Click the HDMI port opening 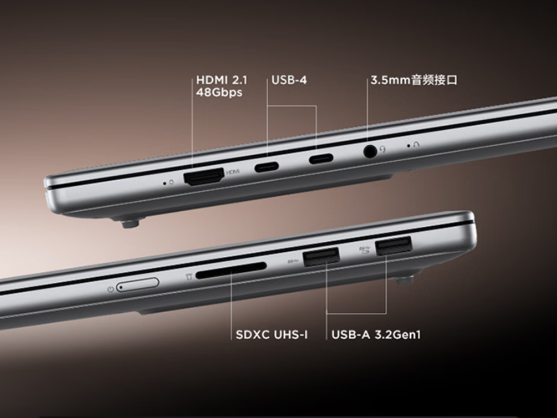[x=204, y=177]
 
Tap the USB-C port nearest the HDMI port [x=267, y=166]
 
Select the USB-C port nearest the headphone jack [x=321, y=158]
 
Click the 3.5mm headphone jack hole [x=370, y=152]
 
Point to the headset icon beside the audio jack [x=382, y=149]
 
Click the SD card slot [x=231, y=270]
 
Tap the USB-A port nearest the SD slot [x=321, y=257]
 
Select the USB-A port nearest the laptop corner [x=393, y=245]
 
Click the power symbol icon [x=111, y=289]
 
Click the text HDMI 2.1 [x=222, y=80]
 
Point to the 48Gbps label [x=219, y=92]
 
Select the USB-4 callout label [x=289, y=80]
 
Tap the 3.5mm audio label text [x=414, y=80]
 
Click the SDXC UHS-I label [x=272, y=335]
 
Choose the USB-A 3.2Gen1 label [x=376, y=335]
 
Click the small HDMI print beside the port [x=233, y=171]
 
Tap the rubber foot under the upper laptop [x=129, y=224]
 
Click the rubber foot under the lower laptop [x=405, y=281]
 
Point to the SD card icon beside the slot [x=189, y=276]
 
